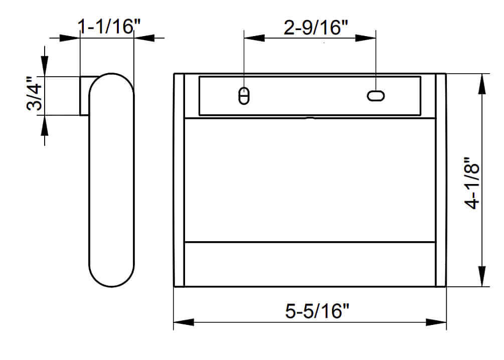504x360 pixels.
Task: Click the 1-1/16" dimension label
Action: (106, 27)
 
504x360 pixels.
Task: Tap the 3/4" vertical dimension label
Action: (36, 95)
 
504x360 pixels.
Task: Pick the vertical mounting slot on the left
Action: (244, 96)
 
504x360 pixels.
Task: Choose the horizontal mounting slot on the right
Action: (376, 96)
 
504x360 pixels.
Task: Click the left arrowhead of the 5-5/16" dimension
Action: (184, 322)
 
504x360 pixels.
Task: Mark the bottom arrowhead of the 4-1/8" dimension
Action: (483, 277)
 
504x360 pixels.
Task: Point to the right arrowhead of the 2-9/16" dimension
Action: (366, 38)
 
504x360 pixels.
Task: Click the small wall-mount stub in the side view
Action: (85, 95)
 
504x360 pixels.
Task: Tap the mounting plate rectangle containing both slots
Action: (309, 95)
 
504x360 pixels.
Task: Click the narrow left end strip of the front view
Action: (179, 181)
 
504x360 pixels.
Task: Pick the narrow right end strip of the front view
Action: (441, 181)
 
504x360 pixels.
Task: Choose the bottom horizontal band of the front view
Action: (309, 264)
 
